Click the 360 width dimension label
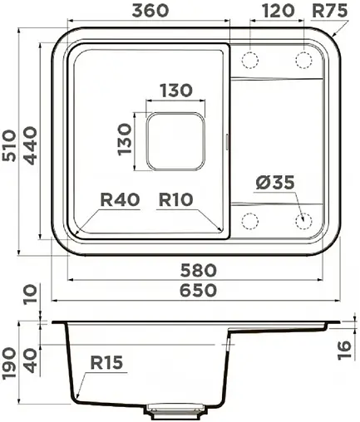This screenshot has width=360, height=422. click(150, 11)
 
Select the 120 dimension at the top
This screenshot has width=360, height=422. click(277, 11)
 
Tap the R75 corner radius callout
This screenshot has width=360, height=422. click(329, 11)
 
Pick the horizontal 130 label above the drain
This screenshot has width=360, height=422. click(175, 90)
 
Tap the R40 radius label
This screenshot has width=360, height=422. click(119, 200)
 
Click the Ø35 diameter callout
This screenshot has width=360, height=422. click(275, 182)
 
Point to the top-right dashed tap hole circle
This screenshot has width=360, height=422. click(303, 59)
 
